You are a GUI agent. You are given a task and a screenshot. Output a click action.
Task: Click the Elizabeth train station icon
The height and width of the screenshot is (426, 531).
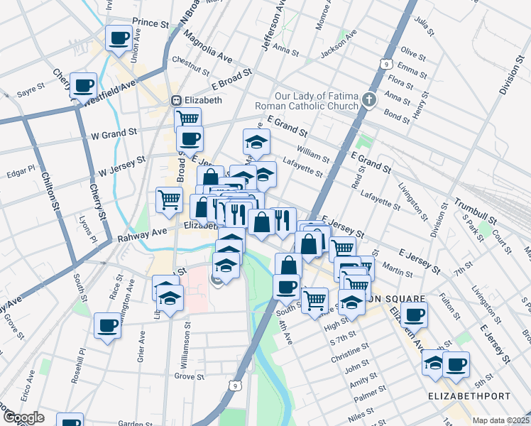[x=177, y=100]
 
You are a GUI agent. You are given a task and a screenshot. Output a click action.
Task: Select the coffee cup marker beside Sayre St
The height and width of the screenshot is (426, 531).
[x=84, y=84]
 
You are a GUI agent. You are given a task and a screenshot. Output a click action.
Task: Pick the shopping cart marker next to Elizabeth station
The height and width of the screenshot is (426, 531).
[x=187, y=119]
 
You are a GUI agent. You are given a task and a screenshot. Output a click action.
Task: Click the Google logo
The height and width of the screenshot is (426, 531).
[x=23, y=417]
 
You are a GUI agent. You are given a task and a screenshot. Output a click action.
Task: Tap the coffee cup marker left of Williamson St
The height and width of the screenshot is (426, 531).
[x=108, y=325]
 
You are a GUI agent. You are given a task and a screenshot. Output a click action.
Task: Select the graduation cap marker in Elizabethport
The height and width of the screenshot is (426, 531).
[x=434, y=363]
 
